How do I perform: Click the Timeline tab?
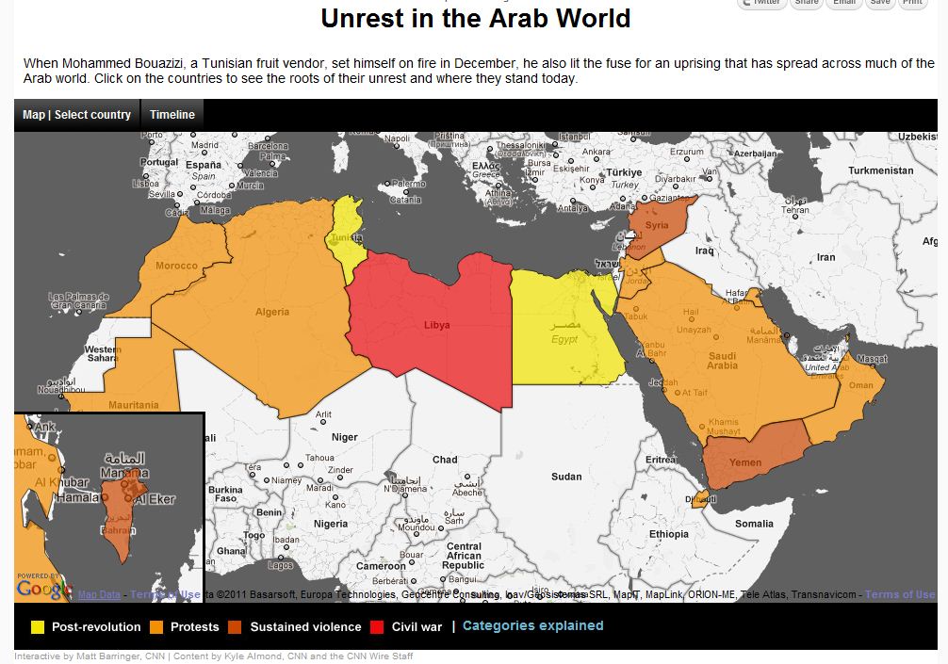coord(172,115)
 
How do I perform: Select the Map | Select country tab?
coord(76,115)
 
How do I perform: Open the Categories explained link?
coord(532,625)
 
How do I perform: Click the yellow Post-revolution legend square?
coord(38,626)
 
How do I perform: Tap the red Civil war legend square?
coord(377,626)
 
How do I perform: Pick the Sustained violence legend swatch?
coord(236,626)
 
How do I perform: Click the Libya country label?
coord(436,325)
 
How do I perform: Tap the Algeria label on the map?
coord(271,312)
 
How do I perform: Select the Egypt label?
coord(564,339)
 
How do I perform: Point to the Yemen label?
coord(745,462)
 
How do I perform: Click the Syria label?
coord(657,225)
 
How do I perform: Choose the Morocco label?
coord(177,266)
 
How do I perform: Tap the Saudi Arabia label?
coord(723,360)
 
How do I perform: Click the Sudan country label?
coord(566,477)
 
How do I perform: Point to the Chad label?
coord(444,460)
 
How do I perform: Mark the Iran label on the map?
coord(825,256)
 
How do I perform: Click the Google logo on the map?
coord(43,589)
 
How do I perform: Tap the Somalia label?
coord(754,524)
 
